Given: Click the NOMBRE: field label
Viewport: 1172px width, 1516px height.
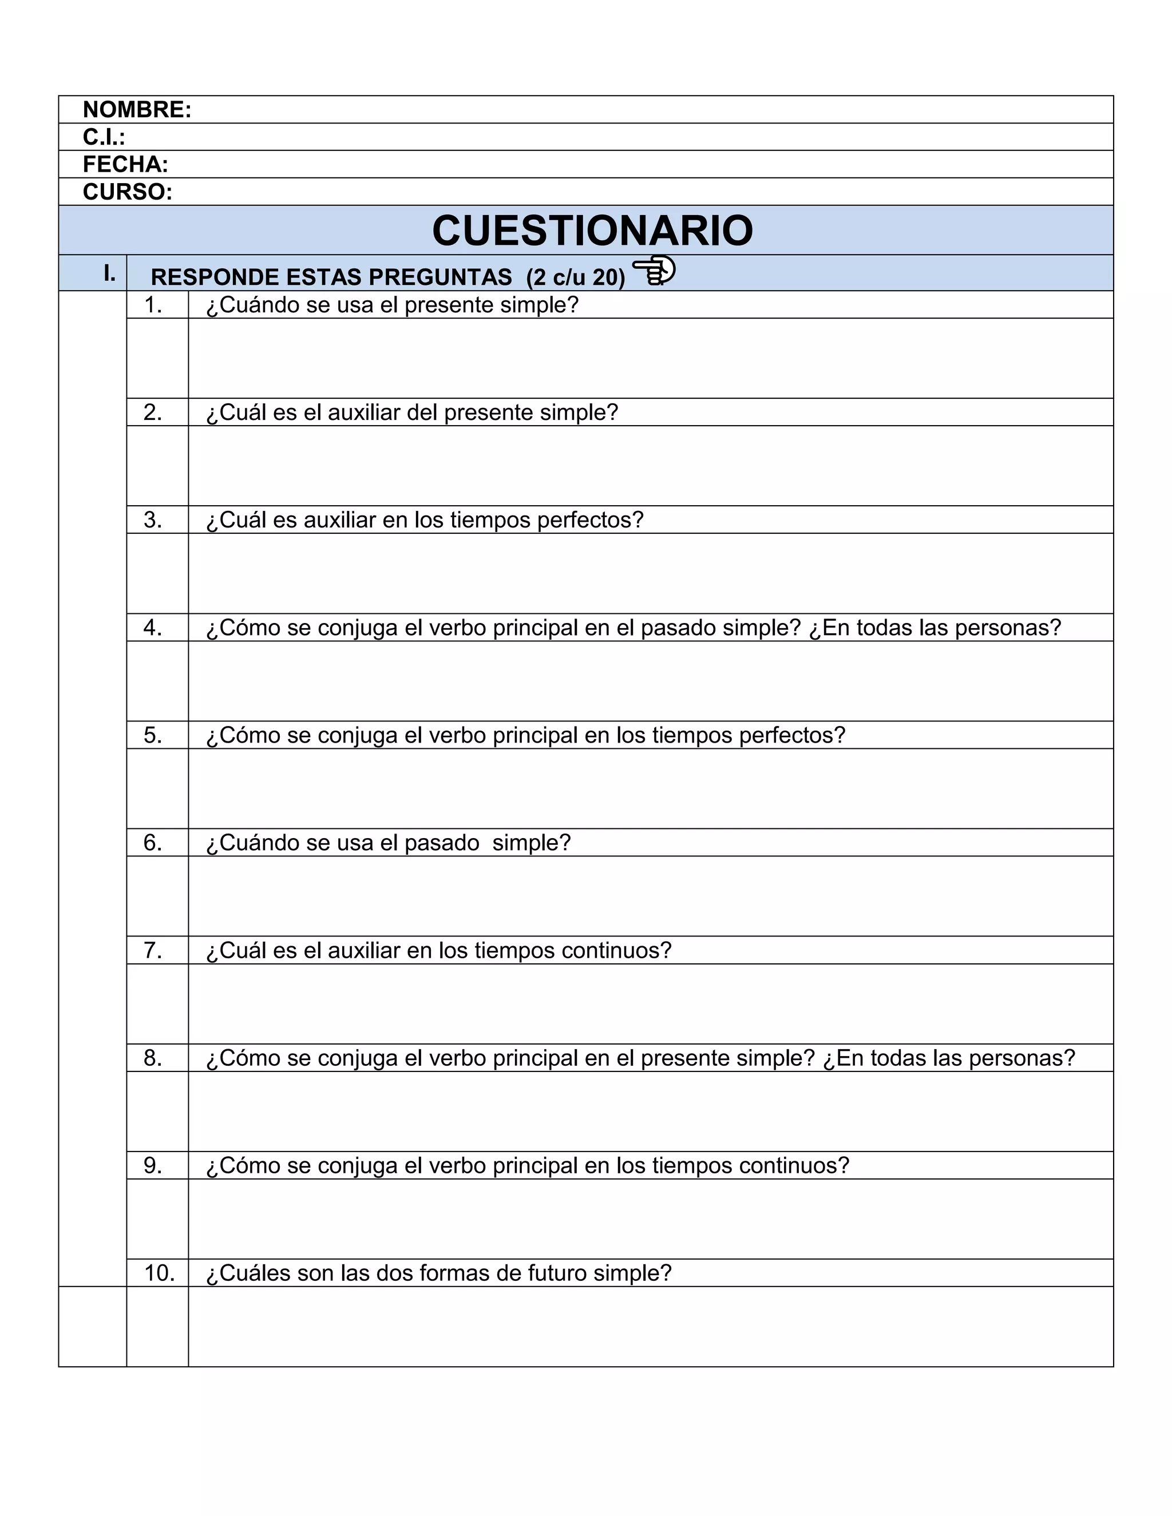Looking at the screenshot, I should click(137, 110).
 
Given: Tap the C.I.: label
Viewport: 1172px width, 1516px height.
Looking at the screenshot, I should click(104, 137).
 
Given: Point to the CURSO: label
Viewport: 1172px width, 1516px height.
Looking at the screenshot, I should click(128, 192).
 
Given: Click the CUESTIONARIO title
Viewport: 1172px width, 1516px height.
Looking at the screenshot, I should click(592, 231).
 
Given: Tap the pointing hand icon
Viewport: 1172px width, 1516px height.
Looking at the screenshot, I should click(654, 270).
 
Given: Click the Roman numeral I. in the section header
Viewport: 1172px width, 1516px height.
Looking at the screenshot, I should click(109, 273).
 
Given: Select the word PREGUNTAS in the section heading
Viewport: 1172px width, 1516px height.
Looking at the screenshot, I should click(439, 277).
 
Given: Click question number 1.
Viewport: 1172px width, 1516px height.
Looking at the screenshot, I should click(153, 305).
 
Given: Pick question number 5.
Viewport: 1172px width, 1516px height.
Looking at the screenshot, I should click(153, 735).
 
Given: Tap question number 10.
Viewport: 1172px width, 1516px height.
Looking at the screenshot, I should click(159, 1273).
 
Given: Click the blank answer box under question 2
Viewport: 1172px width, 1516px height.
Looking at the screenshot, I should click(650, 466).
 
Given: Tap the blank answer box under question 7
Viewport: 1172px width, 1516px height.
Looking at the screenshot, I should click(650, 1004).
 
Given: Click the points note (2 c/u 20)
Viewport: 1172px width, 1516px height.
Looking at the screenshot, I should click(576, 277).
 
